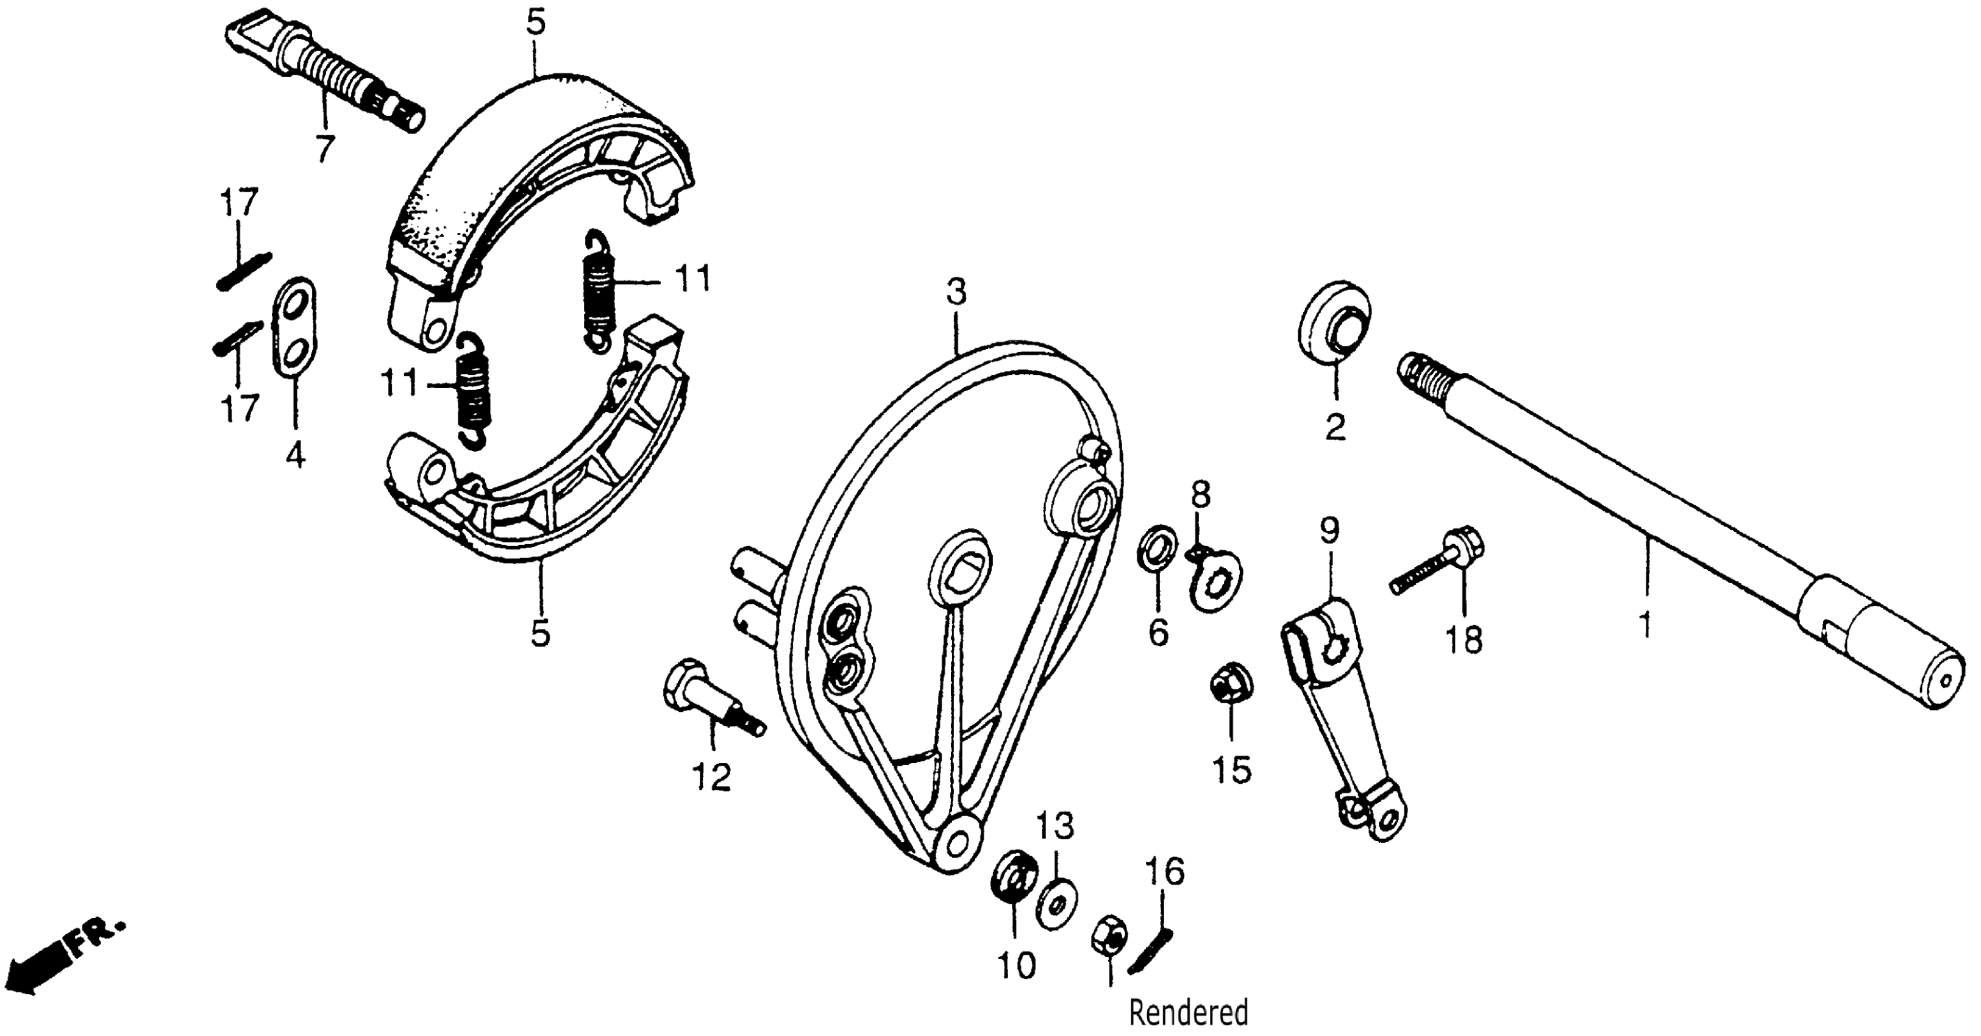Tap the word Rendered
tap(1188, 1013)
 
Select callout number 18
tap(1464, 640)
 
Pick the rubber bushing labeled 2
tap(1334, 322)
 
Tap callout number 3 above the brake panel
tap(956, 293)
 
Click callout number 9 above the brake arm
tap(1329, 530)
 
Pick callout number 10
tap(1017, 966)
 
